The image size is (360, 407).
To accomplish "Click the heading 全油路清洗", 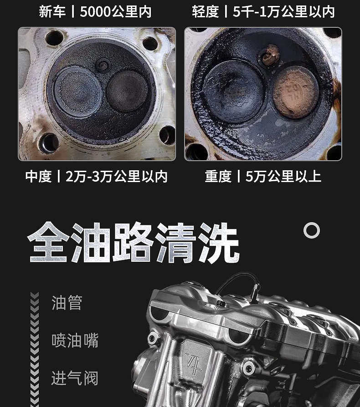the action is click(133, 243).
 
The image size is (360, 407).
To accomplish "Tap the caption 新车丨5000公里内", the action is click(95, 12).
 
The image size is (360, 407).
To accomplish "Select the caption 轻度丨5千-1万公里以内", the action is click(263, 12).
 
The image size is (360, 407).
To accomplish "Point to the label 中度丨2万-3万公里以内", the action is click(96, 177).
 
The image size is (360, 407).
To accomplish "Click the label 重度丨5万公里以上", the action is click(263, 177).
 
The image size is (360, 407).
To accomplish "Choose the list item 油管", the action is click(67, 303).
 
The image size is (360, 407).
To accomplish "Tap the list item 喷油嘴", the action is click(75, 340).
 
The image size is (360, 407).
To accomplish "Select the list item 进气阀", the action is click(75, 378).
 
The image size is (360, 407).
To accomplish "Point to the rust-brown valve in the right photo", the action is click(295, 92).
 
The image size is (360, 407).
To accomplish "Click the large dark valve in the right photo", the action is click(233, 91).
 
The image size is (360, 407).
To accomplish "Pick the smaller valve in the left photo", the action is click(127, 90).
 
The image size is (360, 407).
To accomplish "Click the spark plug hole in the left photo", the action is click(103, 66).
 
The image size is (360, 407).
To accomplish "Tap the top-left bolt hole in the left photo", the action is click(55, 38).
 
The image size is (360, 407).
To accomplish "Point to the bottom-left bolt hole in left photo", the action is click(49, 143).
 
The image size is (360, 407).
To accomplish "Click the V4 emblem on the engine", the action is click(194, 363).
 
